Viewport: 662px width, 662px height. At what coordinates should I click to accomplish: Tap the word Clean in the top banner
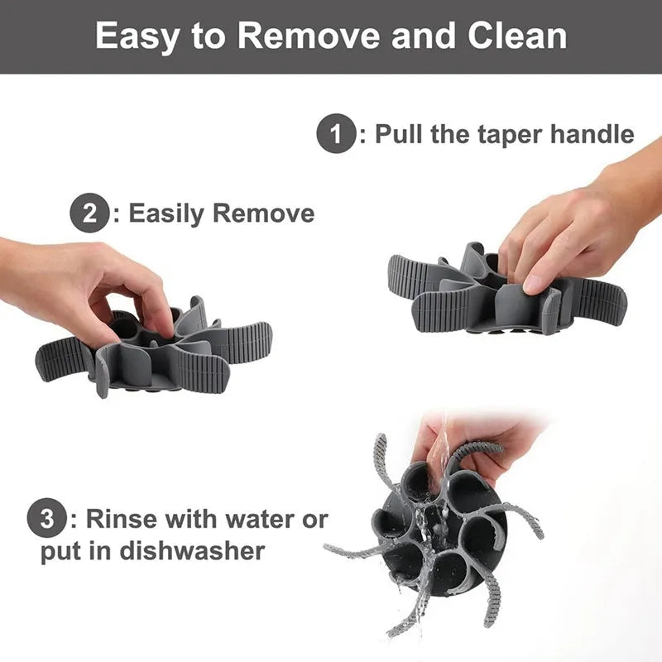(x=517, y=36)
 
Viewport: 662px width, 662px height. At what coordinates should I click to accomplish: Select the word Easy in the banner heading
(x=137, y=37)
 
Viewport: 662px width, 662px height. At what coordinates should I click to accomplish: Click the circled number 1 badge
(x=336, y=133)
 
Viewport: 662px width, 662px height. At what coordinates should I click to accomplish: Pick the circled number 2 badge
(x=89, y=213)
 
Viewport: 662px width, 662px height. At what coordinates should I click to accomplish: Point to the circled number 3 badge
(x=46, y=518)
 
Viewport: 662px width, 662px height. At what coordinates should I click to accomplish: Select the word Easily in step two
(x=166, y=214)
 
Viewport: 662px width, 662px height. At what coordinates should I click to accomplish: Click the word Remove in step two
(x=264, y=213)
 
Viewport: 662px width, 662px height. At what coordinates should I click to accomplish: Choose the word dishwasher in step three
(x=192, y=550)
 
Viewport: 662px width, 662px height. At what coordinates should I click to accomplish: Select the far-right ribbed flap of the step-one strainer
(x=599, y=298)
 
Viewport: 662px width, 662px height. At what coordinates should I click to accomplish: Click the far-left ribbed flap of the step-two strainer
(x=64, y=359)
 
